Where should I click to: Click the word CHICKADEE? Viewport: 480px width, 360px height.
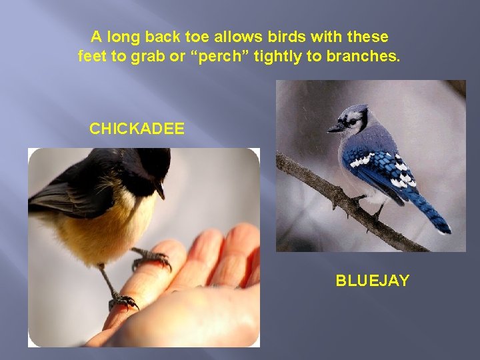(x=137, y=129)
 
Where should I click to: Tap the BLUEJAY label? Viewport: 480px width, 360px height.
(x=372, y=281)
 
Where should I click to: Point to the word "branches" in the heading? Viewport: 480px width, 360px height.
(x=363, y=57)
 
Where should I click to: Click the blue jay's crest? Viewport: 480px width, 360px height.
(x=360, y=109)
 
